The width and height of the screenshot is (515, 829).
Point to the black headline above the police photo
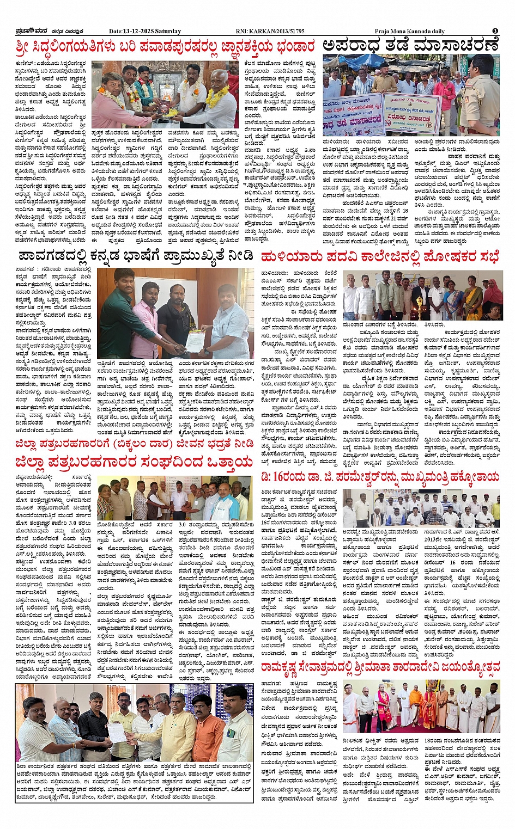(410, 45)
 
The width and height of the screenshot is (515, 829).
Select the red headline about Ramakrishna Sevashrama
(379, 666)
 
